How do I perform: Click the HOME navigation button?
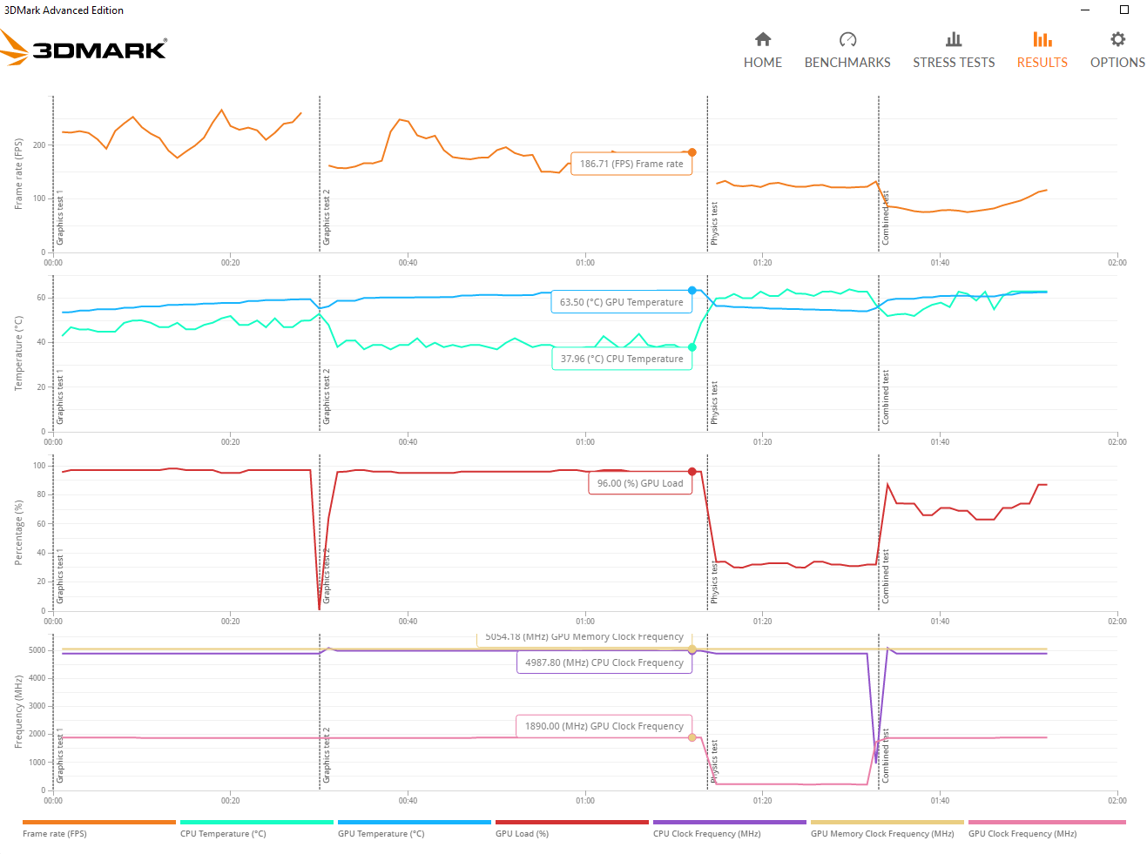(762, 50)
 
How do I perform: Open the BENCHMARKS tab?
(847, 50)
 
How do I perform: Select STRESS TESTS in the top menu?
(953, 50)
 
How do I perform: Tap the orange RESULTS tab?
(1042, 50)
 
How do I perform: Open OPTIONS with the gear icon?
(1117, 50)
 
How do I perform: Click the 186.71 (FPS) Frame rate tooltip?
(631, 164)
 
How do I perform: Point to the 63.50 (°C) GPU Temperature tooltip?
(621, 302)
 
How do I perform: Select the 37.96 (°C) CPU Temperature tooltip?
(622, 359)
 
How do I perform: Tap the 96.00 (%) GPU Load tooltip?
(640, 483)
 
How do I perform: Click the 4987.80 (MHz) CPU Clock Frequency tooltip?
(604, 662)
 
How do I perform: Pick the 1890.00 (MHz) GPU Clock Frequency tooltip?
(604, 726)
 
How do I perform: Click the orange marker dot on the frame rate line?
(692, 152)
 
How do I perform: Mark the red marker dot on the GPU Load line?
(692, 472)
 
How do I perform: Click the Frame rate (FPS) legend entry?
(55, 833)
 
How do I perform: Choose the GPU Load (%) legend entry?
(522, 833)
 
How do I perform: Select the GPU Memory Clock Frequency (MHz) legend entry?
(882, 833)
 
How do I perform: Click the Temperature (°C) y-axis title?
(18, 353)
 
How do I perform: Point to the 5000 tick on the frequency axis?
(37, 650)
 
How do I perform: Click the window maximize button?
(1124, 10)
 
